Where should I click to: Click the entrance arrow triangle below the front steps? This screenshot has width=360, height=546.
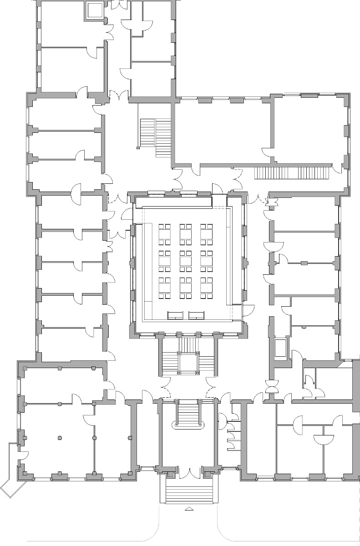click(188, 509)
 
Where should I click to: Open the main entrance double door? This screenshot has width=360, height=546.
click(188, 473)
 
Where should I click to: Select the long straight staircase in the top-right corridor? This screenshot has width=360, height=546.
click(291, 173)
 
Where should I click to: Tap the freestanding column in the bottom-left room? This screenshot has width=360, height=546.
click(60, 438)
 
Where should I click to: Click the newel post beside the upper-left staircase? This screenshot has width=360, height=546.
click(138, 147)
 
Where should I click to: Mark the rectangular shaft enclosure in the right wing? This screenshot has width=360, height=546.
click(281, 348)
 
